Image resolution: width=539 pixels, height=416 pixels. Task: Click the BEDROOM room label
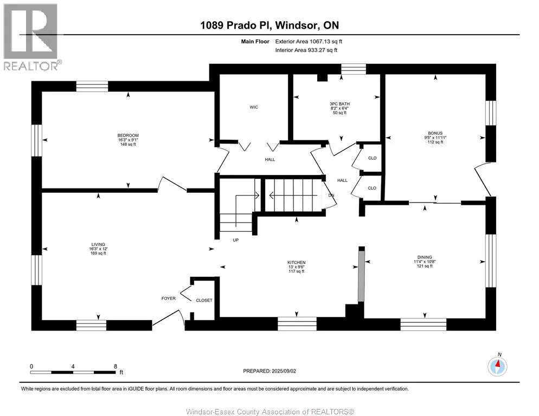(x=128, y=135)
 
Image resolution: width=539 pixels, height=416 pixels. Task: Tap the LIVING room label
(x=98, y=244)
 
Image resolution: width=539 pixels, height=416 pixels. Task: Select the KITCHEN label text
(x=297, y=263)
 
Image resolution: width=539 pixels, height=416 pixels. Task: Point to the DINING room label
(x=425, y=257)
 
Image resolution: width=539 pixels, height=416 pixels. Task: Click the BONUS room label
(x=435, y=133)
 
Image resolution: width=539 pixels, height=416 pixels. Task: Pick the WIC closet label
(x=254, y=107)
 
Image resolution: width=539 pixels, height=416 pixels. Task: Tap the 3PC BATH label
(x=339, y=104)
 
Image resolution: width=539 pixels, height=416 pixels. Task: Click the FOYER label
(x=169, y=298)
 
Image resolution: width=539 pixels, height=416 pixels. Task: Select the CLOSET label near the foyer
(x=204, y=300)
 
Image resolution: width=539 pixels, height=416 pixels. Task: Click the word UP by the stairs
(x=236, y=240)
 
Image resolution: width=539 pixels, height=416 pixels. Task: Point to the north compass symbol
(x=497, y=366)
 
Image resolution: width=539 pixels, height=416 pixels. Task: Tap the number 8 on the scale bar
(x=116, y=366)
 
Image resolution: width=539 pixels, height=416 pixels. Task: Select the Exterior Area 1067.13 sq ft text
(x=309, y=42)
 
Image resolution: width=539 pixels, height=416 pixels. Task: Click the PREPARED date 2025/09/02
(x=284, y=371)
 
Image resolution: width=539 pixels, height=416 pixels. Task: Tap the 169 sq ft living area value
(x=98, y=253)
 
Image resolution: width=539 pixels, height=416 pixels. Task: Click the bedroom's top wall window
(x=92, y=86)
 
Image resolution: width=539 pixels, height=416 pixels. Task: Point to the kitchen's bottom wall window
(x=297, y=324)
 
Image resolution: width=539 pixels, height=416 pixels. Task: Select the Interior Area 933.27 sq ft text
(x=306, y=50)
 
